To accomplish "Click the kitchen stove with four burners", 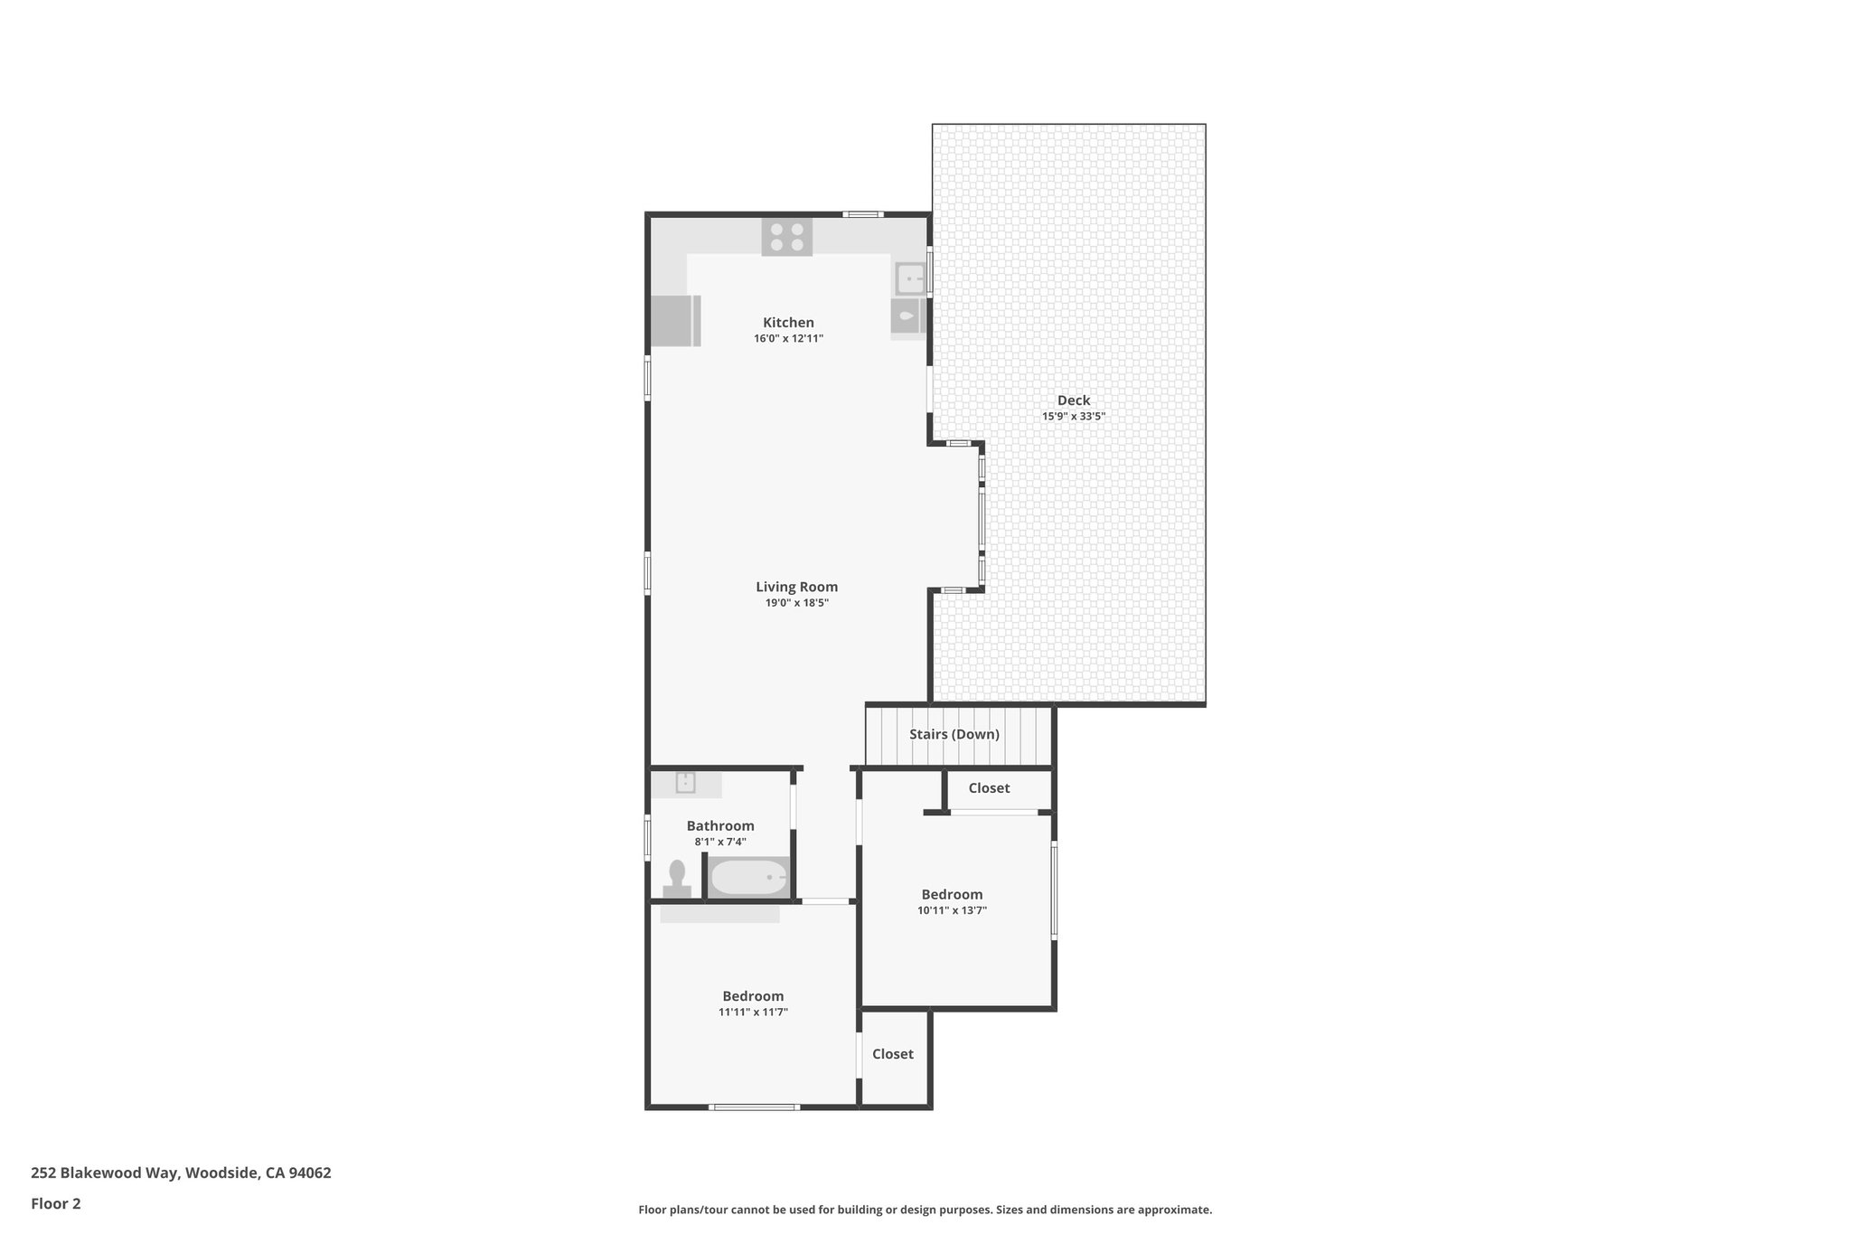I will point(786,237).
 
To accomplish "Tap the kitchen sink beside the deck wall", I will point(909,278).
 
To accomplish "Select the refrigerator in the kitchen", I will point(674,320).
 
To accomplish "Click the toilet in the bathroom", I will point(677,879).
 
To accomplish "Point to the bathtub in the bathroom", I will point(748,877).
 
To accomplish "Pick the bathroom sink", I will point(685,783).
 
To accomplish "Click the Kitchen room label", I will point(788,323).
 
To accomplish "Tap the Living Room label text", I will point(796,587).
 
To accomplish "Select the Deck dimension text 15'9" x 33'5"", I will point(1073,417).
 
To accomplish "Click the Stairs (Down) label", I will point(954,734).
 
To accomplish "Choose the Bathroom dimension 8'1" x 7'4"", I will point(719,842).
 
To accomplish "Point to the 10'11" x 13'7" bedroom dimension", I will point(952,910).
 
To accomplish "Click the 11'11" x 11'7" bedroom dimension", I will point(753,1013).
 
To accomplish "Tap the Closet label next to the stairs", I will point(989,788).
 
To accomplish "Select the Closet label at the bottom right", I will point(892,1054).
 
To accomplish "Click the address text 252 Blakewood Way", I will point(181,1173).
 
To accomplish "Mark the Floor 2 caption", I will point(56,1203).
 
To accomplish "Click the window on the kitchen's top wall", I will point(863,214).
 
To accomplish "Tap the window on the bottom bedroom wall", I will point(754,1107).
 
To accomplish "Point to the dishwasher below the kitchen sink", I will point(907,317).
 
